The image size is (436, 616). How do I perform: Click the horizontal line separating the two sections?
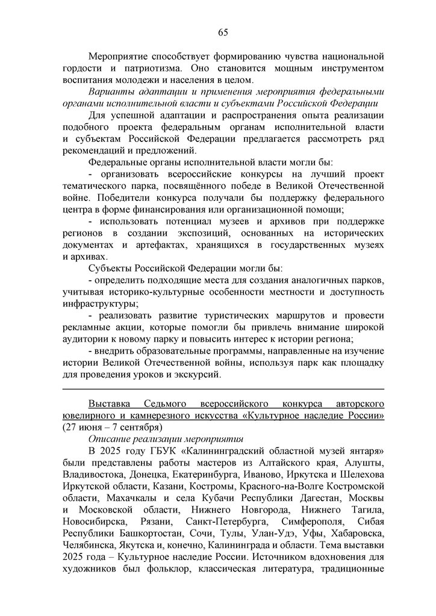pos(223,389)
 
